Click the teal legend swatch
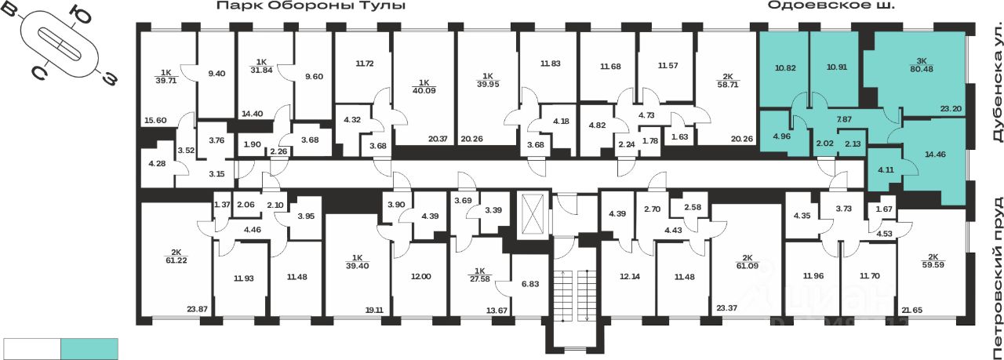pos(89,348)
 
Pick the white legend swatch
pos(32,348)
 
